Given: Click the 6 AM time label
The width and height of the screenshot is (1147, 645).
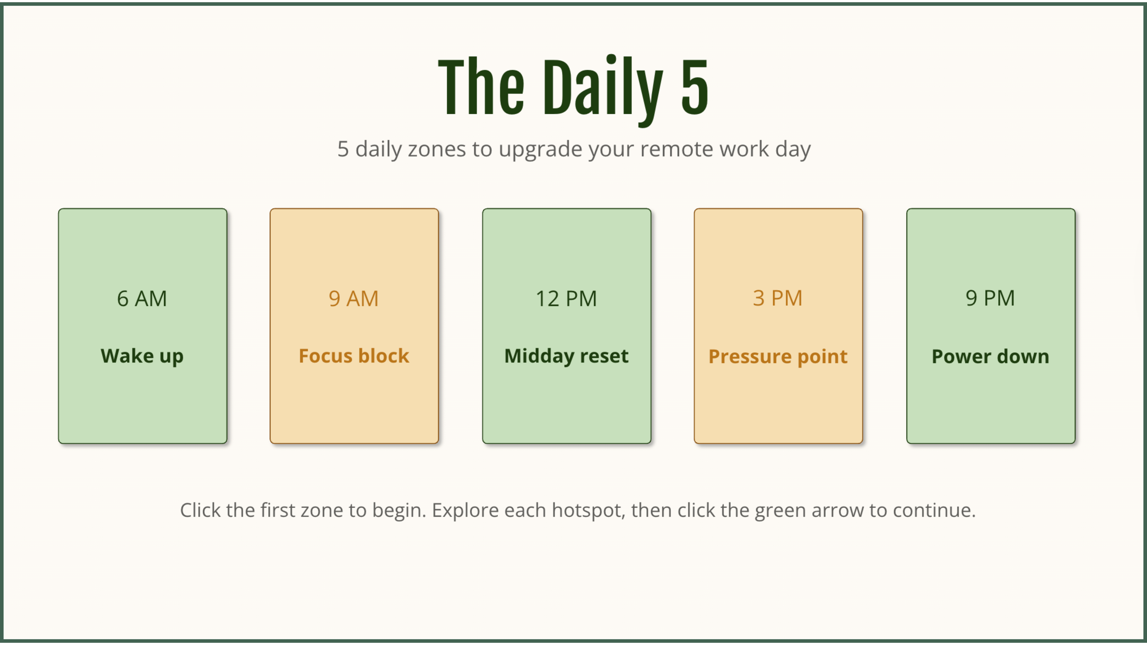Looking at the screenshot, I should (142, 299).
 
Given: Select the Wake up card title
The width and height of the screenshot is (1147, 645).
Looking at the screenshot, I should (142, 356).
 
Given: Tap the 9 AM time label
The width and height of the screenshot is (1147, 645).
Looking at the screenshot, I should (354, 299).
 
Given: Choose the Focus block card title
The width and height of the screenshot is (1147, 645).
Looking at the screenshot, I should (354, 356).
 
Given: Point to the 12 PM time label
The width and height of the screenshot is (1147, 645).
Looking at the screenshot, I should (566, 299).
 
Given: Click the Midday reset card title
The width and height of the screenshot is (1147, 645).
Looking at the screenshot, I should (566, 356).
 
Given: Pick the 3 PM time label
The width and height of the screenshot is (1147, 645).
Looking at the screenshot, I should (778, 298).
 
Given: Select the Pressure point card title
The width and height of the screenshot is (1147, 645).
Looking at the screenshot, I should (778, 357).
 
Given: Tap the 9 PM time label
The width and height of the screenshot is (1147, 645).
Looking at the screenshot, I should (990, 298).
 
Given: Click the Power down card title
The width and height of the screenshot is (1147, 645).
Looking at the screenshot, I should (990, 357).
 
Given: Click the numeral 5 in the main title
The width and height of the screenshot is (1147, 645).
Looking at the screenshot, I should (695, 87).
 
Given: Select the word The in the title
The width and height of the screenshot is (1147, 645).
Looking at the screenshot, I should (481, 87).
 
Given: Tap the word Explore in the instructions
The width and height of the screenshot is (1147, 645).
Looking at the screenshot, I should (465, 511).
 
